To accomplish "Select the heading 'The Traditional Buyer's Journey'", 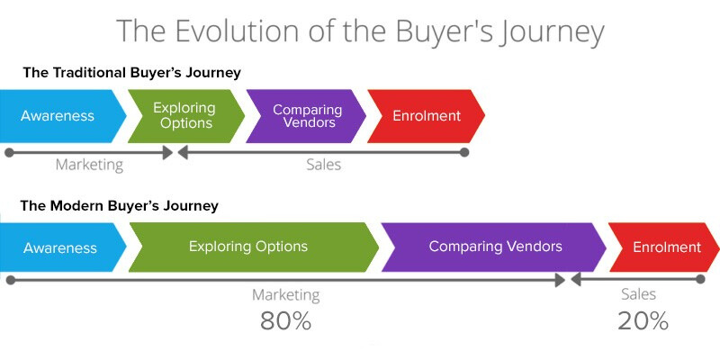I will [x=131, y=73].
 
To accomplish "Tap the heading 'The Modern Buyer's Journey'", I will [x=120, y=206].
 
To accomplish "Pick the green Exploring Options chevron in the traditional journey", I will [x=184, y=116].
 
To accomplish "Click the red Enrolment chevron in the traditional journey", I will [x=427, y=116].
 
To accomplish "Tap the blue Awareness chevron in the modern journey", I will [x=60, y=247].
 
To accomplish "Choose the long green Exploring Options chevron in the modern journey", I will [x=249, y=247].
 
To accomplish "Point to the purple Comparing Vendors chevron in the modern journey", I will [x=495, y=247].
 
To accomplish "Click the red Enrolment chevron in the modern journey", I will [x=666, y=247].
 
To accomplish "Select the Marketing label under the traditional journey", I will [x=89, y=166].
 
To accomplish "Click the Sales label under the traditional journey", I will [x=323, y=166].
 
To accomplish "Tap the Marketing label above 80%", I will [x=285, y=295].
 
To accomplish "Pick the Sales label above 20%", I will [x=639, y=294].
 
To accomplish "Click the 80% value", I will [x=285, y=321].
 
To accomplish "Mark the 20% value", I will [x=643, y=321].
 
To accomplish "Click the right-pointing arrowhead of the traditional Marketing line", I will [x=167, y=153].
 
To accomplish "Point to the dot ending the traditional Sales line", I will [x=464, y=153].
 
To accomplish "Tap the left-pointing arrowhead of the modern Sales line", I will [x=577, y=281].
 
